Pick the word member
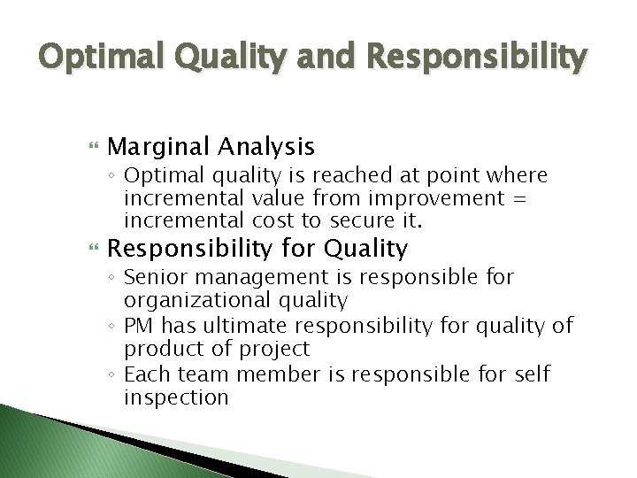pyautogui.click(x=268, y=375)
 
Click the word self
pyautogui.click(x=531, y=375)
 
